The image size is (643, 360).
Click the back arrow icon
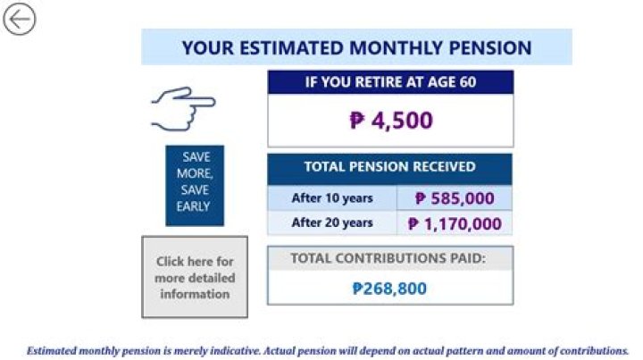coord(19,19)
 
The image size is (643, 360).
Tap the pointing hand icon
coord(182,108)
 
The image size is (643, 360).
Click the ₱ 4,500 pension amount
coord(390,121)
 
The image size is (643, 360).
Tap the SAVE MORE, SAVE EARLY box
coord(194,181)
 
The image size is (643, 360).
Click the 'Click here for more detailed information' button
coord(195,278)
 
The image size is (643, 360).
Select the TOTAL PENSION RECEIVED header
coord(389,167)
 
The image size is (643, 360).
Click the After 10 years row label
coord(332,198)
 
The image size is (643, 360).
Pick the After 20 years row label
coord(332,222)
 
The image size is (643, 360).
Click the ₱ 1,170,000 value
coord(455,223)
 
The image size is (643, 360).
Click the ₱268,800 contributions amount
coord(389,289)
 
